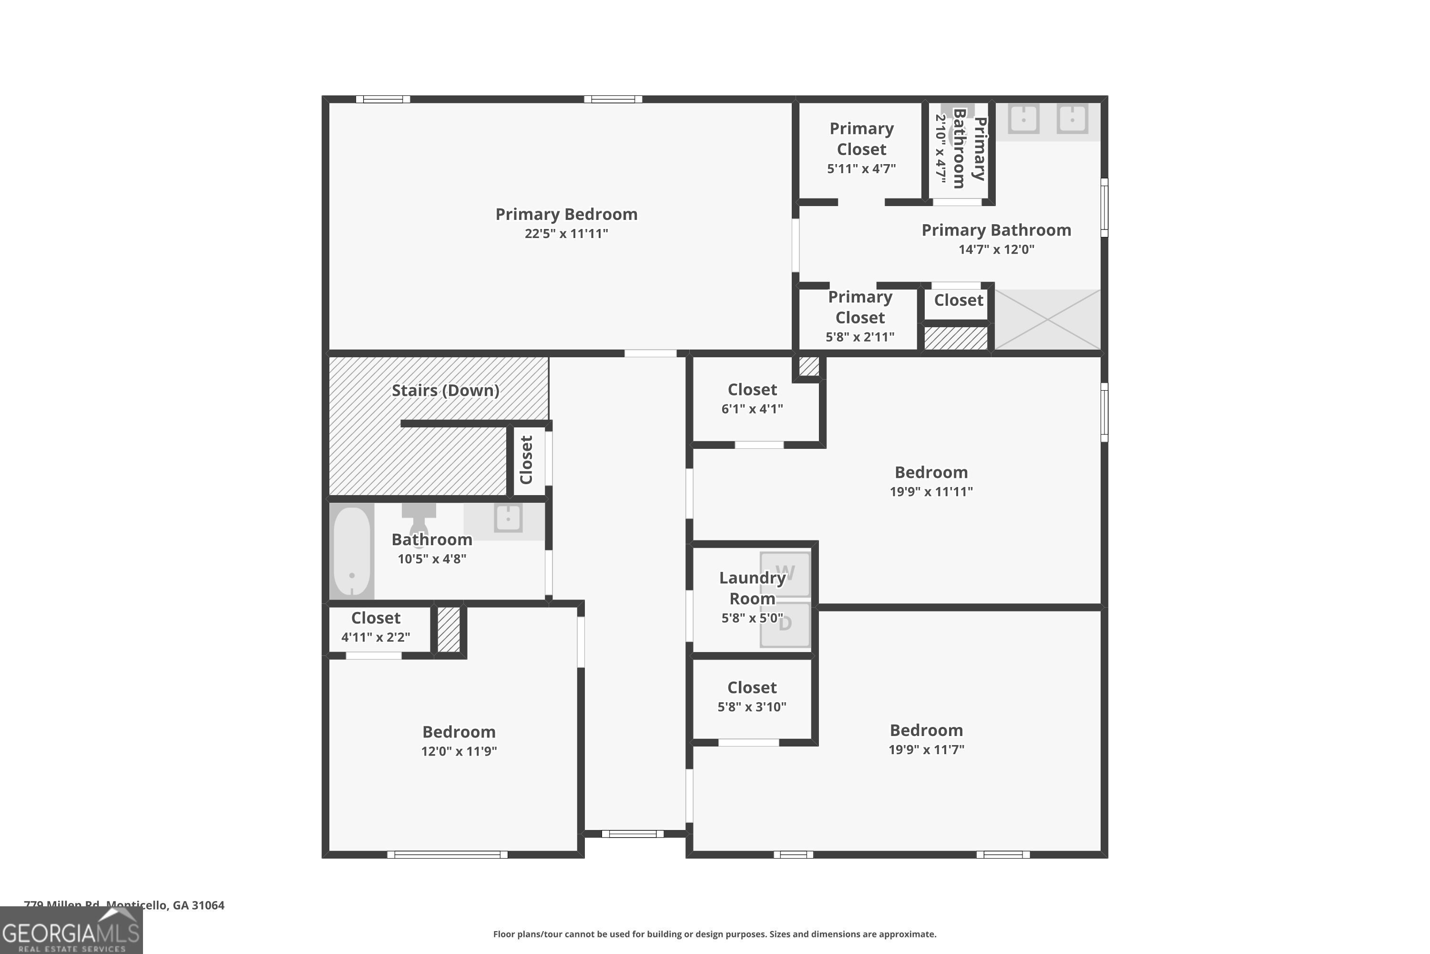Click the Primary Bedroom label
click(x=566, y=214)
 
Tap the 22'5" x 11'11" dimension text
click(x=566, y=234)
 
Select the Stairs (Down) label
click(x=445, y=391)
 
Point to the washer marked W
click(x=785, y=574)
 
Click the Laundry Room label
click(x=752, y=588)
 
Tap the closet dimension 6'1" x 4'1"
click(x=752, y=409)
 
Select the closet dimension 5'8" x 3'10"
click(x=752, y=707)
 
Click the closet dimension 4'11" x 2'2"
click(x=376, y=637)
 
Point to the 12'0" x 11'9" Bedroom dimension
click(x=459, y=751)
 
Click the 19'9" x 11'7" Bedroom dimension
click(x=926, y=749)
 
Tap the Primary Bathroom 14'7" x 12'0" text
click(x=996, y=249)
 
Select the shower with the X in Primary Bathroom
click(x=1047, y=320)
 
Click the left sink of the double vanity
click(x=1023, y=119)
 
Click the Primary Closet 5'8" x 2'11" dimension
click(x=860, y=337)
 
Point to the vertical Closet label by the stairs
click(x=527, y=460)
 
